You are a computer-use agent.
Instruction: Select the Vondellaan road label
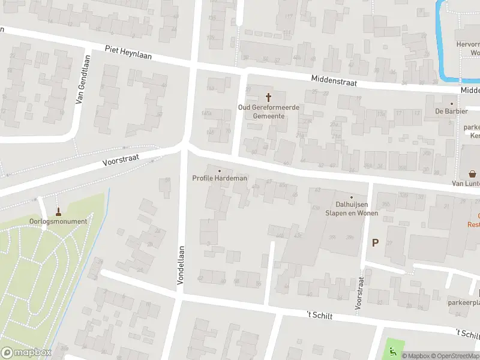180,268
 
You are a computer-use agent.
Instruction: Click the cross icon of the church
269,97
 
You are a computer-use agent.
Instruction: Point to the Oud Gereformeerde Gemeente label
269,112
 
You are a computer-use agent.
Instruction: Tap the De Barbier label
452,111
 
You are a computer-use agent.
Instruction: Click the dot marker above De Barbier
452,103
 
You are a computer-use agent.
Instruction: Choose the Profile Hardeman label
220,178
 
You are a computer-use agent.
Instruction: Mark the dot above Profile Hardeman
220,170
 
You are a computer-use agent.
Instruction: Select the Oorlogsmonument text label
58,221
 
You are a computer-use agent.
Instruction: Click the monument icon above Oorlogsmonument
58,211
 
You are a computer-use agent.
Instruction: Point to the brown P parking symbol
376,243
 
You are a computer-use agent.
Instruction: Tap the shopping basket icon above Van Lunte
473,174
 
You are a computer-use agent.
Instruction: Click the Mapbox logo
25,353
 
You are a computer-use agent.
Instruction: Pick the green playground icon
392,352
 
